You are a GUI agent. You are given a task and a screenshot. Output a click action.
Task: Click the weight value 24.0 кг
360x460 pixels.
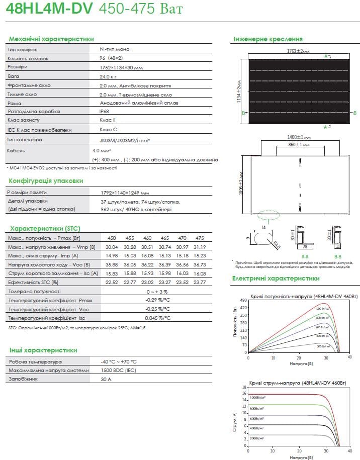(x=109, y=76)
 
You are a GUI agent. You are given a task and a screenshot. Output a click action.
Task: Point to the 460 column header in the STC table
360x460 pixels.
(x=147, y=238)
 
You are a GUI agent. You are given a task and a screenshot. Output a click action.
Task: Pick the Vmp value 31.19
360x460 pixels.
(x=199, y=247)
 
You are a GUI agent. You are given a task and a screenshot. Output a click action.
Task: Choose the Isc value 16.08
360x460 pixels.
(x=199, y=273)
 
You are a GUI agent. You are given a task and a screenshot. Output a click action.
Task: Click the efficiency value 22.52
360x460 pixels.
(x=112, y=282)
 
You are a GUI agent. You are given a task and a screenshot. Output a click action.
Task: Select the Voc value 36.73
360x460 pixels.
(x=199, y=264)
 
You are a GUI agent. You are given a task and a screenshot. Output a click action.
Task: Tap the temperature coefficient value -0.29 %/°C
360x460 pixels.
(x=157, y=300)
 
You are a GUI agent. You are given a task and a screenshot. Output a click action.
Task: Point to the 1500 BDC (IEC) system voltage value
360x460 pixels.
(x=118, y=371)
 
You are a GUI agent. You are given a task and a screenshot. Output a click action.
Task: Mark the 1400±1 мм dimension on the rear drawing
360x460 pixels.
(x=299, y=137)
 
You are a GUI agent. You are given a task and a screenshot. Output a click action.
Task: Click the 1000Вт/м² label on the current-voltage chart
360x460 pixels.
(x=258, y=397)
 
